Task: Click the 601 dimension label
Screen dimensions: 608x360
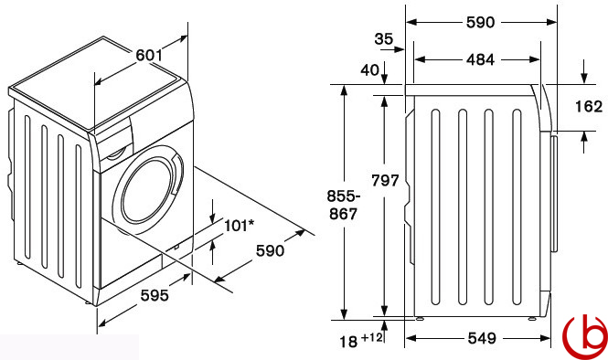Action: coord(148,56)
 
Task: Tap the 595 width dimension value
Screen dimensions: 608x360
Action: coord(155,296)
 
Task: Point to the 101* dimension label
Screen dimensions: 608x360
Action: coord(240,225)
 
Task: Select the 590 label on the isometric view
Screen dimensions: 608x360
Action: coord(270,250)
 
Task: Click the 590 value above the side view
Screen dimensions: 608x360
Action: coord(480,23)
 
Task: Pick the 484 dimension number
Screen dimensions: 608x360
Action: coord(480,59)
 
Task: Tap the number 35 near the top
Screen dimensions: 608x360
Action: coord(384,38)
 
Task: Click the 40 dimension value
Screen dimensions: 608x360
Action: coord(370,70)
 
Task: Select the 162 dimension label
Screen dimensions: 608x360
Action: coord(589,107)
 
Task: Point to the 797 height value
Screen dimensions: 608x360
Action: coord(385,181)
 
